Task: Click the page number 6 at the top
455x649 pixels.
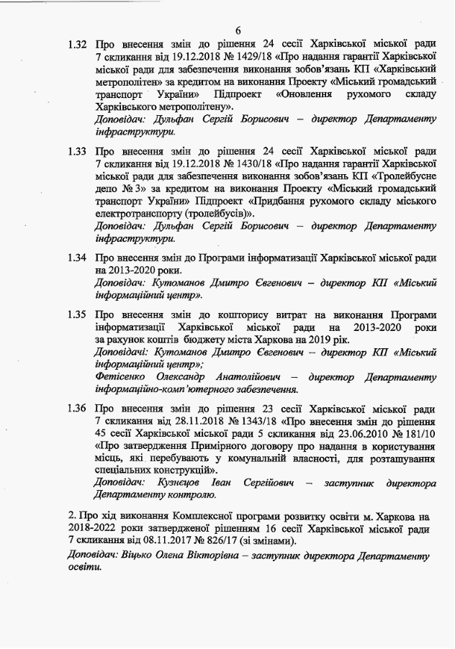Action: (x=238, y=29)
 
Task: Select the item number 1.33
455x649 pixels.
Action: (x=76, y=151)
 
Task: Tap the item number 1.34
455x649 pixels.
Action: (x=76, y=258)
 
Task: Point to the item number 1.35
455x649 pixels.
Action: (x=76, y=314)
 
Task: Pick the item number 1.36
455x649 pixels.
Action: (x=76, y=408)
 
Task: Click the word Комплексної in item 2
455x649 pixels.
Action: (x=202, y=517)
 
